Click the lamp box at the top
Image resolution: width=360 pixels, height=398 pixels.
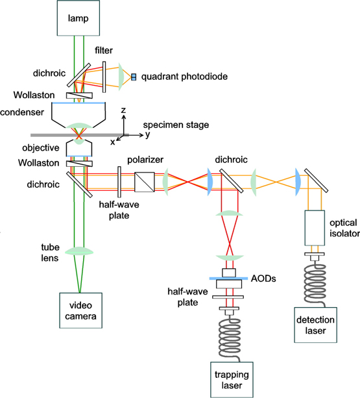tap(81, 17)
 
